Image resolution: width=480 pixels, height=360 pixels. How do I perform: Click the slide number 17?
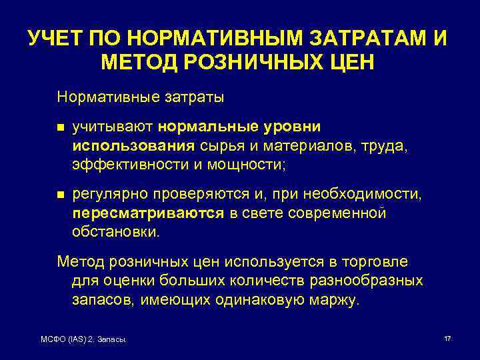point(447,339)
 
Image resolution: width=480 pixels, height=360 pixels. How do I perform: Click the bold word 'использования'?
point(133,145)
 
